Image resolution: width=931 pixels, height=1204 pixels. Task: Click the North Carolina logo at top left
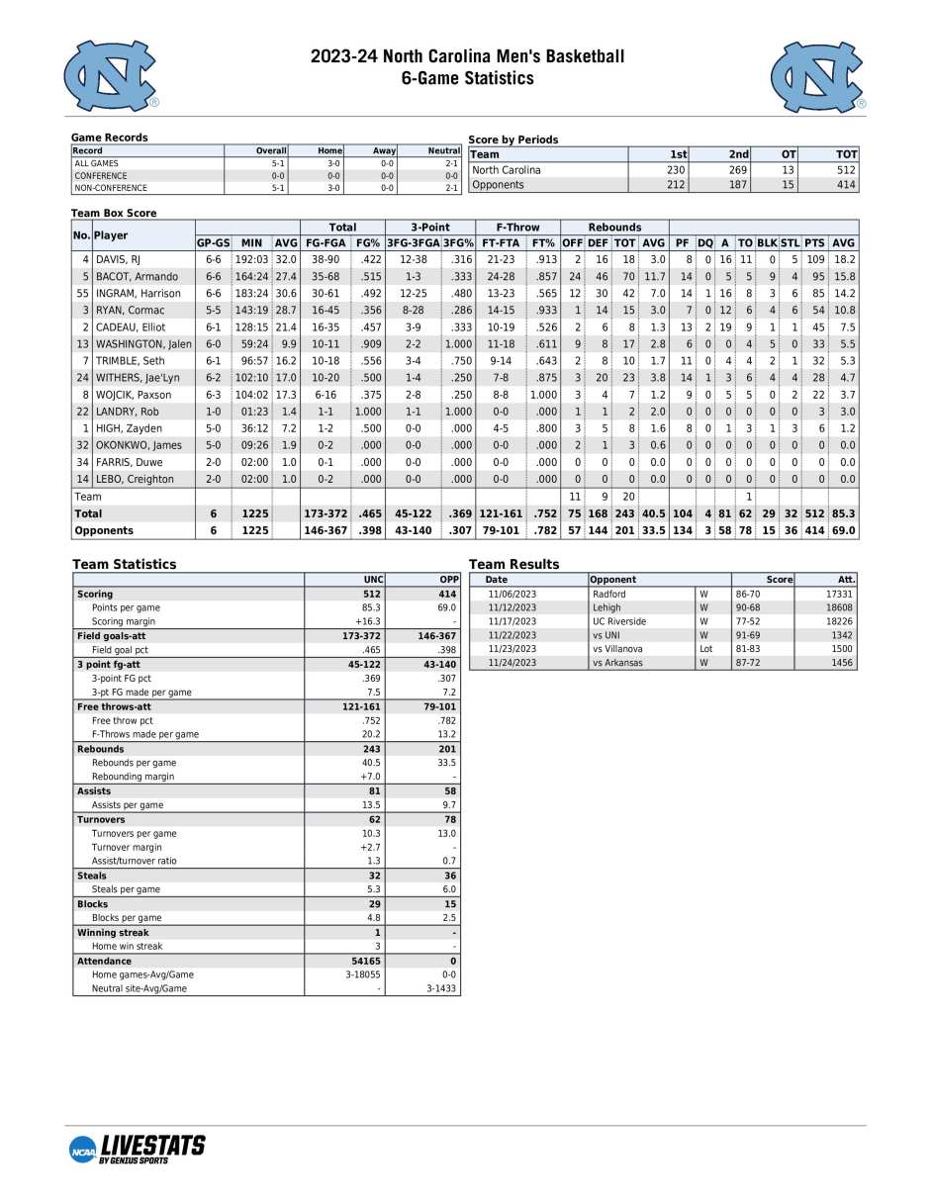[111, 76]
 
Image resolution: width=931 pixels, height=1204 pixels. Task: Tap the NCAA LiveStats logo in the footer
[139, 1148]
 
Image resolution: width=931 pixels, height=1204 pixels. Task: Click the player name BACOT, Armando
[137, 276]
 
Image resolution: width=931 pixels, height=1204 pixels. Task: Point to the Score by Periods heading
[512, 139]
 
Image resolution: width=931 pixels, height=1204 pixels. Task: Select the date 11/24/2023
[512, 663]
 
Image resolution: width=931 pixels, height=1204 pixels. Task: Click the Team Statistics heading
[124, 564]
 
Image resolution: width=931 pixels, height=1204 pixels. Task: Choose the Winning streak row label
[110, 932]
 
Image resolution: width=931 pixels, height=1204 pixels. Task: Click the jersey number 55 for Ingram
[81, 293]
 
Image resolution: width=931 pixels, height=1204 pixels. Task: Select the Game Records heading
[109, 138]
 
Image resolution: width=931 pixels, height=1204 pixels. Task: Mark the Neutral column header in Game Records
[444, 150]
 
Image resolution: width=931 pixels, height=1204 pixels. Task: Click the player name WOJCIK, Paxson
[134, 395]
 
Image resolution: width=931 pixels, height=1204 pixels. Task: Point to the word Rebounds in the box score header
[614, 228]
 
